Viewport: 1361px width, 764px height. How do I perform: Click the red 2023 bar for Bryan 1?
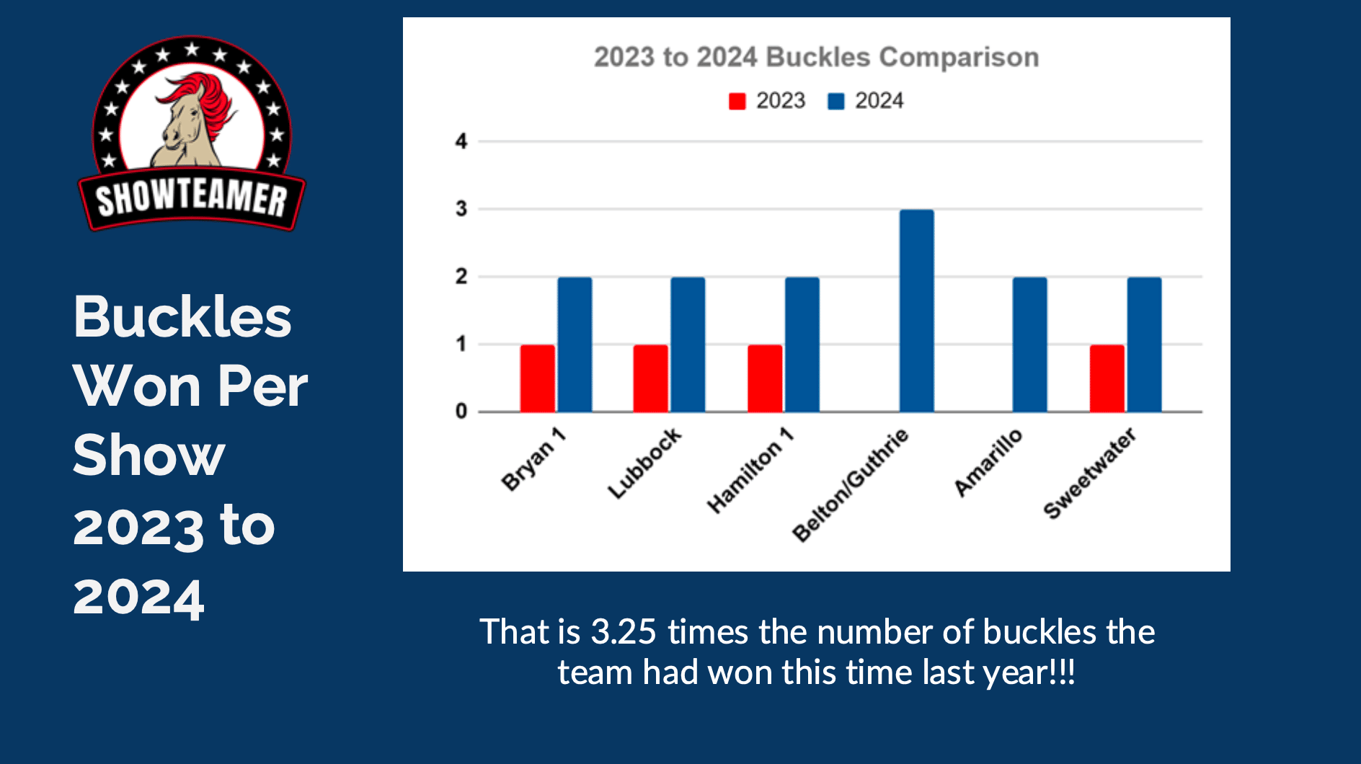point(538,378)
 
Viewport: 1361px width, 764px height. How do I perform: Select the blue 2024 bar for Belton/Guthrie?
point(917,311)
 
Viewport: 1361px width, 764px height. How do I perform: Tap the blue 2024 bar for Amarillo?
point(1030,345)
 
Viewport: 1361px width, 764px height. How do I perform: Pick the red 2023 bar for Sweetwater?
point(1107,378)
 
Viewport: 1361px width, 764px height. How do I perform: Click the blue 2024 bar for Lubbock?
point(688,345)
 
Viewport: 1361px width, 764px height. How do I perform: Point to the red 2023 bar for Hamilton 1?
point(765,378)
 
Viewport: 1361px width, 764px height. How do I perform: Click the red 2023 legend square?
point(737,101)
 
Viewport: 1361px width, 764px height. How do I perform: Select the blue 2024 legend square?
point(836,101)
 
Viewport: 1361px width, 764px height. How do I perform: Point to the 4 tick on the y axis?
point(461,141)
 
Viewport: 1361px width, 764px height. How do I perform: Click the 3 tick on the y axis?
point(461,209)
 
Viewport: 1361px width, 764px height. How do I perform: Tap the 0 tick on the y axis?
point(461,412)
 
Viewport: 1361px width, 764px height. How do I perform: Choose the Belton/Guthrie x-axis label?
point(851,484)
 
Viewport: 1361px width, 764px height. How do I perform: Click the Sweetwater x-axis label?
point(1090,473)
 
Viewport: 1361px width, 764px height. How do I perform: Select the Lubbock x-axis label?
point(644,463)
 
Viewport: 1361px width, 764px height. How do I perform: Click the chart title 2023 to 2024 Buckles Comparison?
point(816,57)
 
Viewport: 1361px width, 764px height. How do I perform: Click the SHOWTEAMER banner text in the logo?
point(192,197)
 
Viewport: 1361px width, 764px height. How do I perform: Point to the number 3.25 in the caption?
point(624,631)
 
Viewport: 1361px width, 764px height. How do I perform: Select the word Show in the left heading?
point(149,456)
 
